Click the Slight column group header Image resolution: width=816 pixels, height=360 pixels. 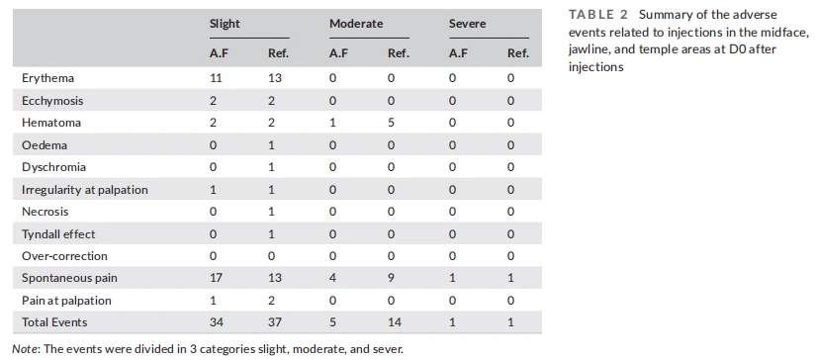click(x=225, y=24)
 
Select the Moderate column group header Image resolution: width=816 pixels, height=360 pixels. click(x=356, y=24)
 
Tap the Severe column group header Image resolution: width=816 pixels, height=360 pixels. click(x=467, y=24)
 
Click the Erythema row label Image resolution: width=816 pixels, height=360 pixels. click(x=47, y=78)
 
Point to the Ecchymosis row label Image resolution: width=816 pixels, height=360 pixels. click(x=52, y=101)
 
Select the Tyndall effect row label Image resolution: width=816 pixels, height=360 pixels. click(x=58, y=234)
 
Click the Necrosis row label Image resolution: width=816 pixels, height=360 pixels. click(x=45, y=212)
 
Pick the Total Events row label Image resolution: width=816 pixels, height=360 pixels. click(x=54, y=322)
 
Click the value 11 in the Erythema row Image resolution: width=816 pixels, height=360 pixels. click(x=216, y=78)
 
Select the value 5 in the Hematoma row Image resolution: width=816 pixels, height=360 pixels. click(x=392, y=123)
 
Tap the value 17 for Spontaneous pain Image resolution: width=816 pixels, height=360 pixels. click(x=216, y=278)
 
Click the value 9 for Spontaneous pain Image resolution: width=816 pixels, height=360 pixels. click(x=392, y=278)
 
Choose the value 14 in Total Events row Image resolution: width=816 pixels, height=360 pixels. click(x=395, y=322)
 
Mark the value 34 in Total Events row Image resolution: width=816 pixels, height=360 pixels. click(x=217, y=322)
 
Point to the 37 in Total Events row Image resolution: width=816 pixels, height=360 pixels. click(x=275, y=322)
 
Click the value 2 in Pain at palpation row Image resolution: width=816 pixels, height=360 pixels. click(x=271, y=301)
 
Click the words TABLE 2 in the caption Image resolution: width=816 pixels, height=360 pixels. click(x=598, y=14)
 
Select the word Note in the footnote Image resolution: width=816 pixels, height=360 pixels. click(x=23, y=348)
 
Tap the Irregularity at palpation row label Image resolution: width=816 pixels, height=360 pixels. click(x=85, y=190)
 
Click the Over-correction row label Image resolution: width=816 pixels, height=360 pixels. click(x=64, y=256)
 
